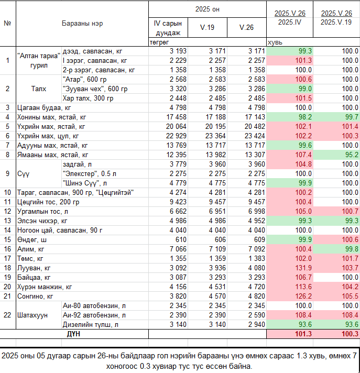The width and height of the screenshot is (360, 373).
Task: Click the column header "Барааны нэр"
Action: click(82, 23)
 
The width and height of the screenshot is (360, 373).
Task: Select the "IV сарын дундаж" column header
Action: click(168, 28)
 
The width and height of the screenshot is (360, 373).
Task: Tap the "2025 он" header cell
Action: click(207, 9)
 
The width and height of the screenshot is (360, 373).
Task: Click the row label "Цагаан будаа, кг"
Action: click(44, 107)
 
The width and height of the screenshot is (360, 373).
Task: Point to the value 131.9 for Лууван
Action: click(303, 268)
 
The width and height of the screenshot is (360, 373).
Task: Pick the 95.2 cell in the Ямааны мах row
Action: click(352, 155)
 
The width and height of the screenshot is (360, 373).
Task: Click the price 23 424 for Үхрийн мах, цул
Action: click(255, 136)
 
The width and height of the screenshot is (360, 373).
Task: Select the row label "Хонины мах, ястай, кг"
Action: click(51, 117)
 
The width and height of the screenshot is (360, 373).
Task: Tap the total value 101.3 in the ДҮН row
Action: click(303, 334)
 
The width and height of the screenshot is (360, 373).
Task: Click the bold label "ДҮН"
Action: click(73, 334)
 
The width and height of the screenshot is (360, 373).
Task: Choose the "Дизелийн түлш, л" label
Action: click(91, 324)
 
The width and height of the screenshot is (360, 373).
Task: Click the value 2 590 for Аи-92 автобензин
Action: click(256, 315)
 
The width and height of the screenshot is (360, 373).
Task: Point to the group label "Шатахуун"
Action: click(32, 315)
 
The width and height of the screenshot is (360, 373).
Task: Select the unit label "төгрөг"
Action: click(159, 42)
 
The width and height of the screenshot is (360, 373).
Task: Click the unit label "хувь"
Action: click(275, 42)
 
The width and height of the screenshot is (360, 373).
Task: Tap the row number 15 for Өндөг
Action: click(7, 239)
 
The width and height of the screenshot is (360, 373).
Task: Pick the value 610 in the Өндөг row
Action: click(181, 239)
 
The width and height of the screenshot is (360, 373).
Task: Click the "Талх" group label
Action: click(39, 89)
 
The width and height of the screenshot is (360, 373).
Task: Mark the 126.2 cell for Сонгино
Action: click(303, 296)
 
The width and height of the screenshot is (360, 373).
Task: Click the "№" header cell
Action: click(7, 23)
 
